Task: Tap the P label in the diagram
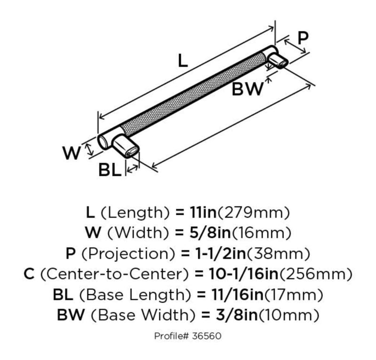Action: (x=303, y=38)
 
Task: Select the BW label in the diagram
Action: (x=248, y=89)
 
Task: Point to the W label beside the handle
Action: (x=71, y=153)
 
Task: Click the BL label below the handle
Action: (x=110, y=170)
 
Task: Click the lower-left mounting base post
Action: (x=125, y=146)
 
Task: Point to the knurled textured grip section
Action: (x=193, y=94)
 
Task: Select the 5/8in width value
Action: (x=210, y=233)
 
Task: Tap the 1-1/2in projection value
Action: (x=220, y=253)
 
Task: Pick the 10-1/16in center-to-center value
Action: (x=243, y=274)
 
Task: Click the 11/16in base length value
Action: (x=237, y=295)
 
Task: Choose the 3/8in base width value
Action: (x=237, y=315)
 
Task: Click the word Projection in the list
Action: (x=128, y=254)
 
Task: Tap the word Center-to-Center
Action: (x=115, y=274)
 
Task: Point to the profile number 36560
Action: (x=206, y=336)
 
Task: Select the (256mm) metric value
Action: (x=316, y=274)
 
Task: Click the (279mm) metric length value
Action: (x=254, y=213)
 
